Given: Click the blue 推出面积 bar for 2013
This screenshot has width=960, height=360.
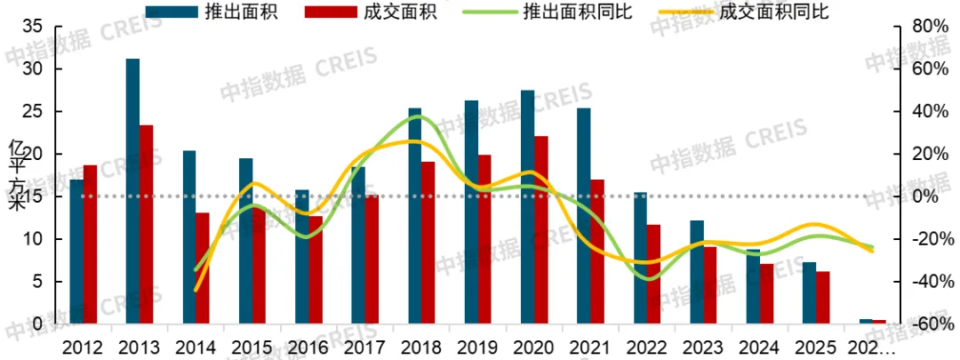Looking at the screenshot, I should [x=132, y=191].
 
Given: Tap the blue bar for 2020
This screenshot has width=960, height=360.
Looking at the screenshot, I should [x=527, y=207].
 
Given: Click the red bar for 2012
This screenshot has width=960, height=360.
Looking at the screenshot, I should [x=90, y=244].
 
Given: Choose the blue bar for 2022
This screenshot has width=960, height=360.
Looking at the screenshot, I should [x=640, y=258].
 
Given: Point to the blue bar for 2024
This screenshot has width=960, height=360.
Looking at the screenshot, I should [x=753, y=287].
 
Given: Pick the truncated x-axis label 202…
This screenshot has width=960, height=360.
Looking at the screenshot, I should [x=875, y=347].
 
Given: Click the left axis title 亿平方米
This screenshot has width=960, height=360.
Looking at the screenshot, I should [x=15, y=175].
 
